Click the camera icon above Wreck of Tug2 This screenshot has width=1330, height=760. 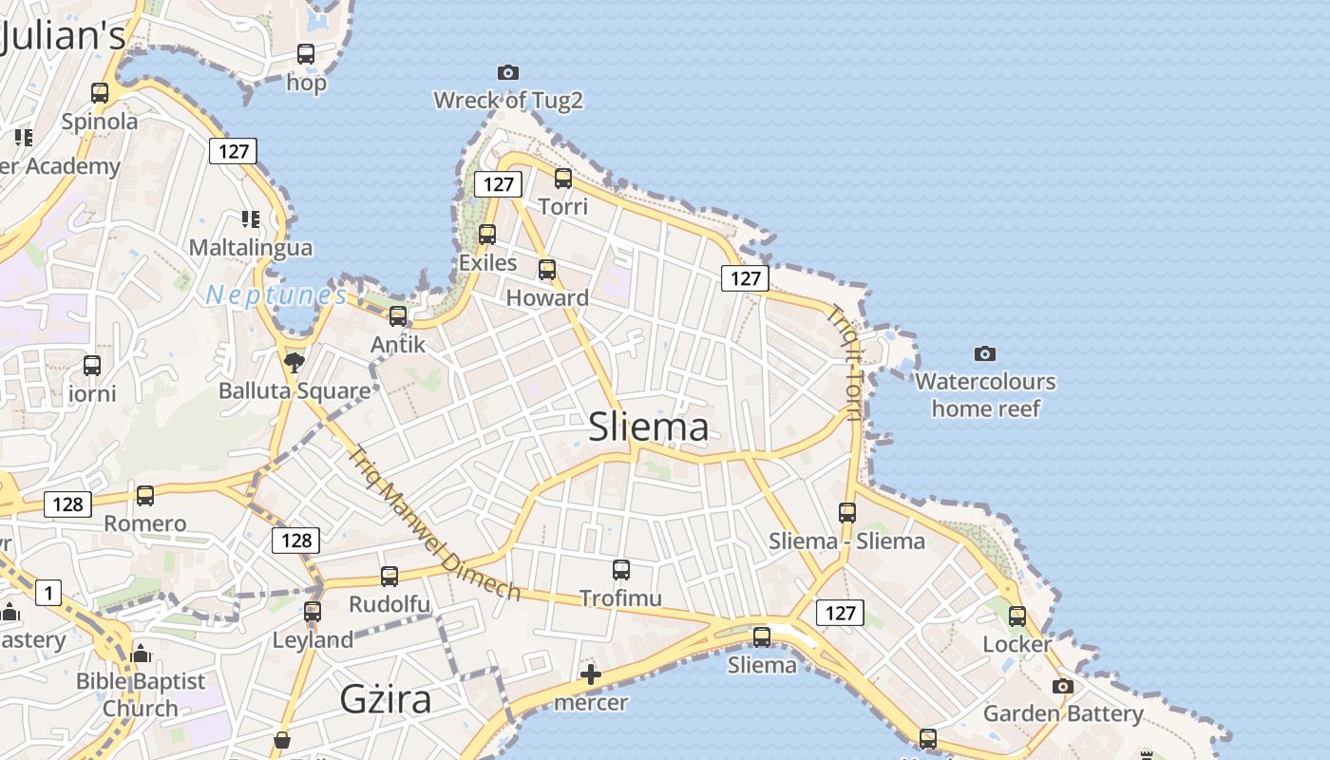pyautogui.click(x=508, y=72)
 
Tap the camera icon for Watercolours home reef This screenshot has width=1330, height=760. pyautogui.click(x=985, y=353)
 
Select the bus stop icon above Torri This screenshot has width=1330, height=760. pyautogui.click(x=563, y=178)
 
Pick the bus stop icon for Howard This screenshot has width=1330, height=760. pyautogui.click(x=547, y=269)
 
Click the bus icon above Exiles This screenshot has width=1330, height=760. pyautogui.click(x=487, y=234)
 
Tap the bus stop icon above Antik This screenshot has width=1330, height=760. pyautogui.click(x=398, y=315)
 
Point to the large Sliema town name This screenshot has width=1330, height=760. pyautogui.click(x=649, y=427)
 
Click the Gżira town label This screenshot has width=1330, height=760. pyautogui.click(x=386, y=699)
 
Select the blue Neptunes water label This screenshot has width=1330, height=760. pyautogui.click(x=276, y=295)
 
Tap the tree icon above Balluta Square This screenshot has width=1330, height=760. pyautogui.click(x=294, y=362)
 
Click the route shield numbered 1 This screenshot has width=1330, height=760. pyautogui.click(x=48, y=594)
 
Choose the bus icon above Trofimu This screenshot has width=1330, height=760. pyautogui.click(x=621, y=570)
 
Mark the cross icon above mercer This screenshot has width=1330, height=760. pyautogui.click(x=591, y=674)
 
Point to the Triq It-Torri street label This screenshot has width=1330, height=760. pyautogui.click(x=845, y=362)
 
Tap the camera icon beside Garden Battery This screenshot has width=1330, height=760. pyautogui.click(x=1063, y=686)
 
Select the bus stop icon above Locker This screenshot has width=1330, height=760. pyautogui.click(x=1017, y=616)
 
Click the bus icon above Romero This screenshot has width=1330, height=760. pyautogui.click(x=145, y=495)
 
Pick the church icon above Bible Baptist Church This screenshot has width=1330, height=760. pyautogui.click(x=141, y=654)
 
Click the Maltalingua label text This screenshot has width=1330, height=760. pyautogui.click(x=251, y=248)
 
